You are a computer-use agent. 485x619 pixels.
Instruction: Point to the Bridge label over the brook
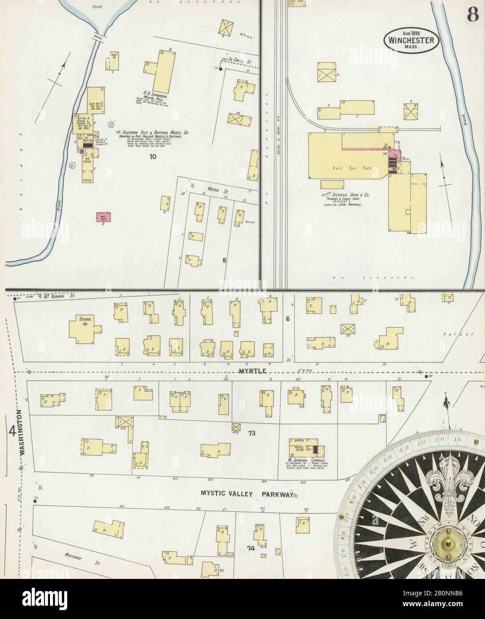click(x=98, y=39)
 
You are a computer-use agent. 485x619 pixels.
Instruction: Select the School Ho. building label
click(x=85, y=319)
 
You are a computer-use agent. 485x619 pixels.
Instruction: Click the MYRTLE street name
click(x=251, y=371)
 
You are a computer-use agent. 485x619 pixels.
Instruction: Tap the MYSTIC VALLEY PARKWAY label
click(x=246, y=494)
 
